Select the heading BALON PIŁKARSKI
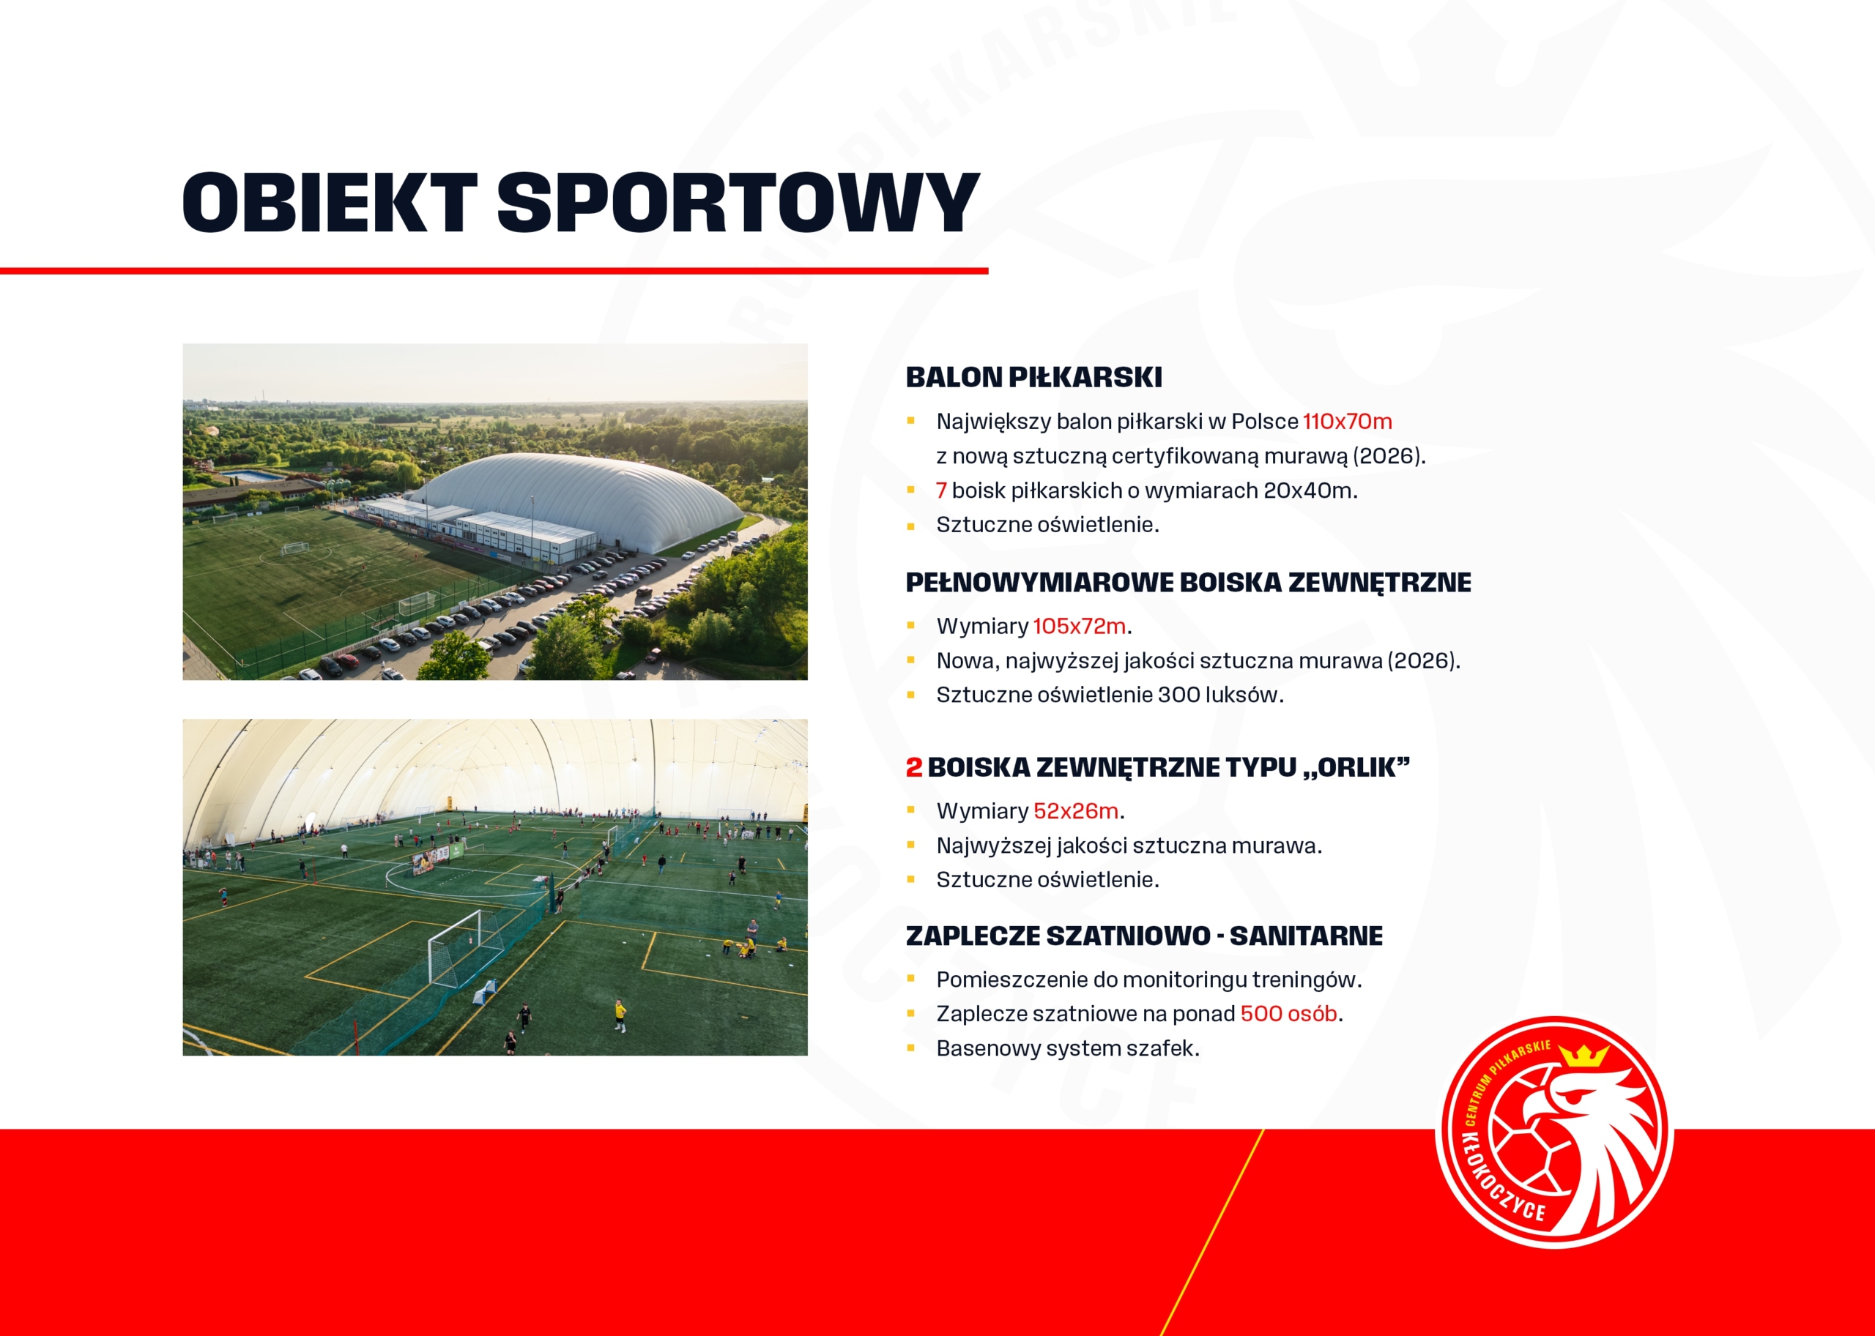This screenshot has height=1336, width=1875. tap(1033, 378)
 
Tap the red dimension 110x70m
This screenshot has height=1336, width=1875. tap(1348, 421)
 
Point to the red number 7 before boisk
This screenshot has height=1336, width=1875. tap(940, 490)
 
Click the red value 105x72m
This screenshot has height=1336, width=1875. tap(1079, 626)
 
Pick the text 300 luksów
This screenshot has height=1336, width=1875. tap(1219, 695)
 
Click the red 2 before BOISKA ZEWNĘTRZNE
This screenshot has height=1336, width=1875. tap(913, 767)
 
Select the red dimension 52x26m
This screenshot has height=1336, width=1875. tap(1076, 811)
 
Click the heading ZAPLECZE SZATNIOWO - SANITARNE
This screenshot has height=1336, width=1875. tap(1144, 936)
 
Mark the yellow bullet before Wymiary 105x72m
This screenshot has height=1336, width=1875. tap(911, 626)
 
